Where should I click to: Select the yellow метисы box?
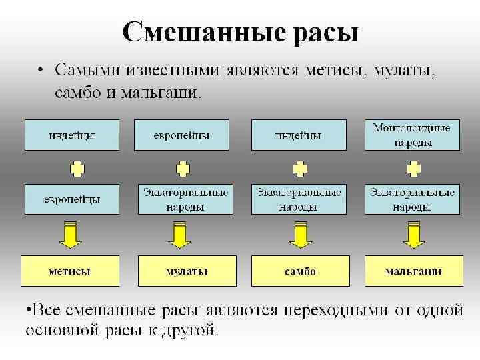coord(70,271)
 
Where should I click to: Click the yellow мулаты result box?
coord(187,271)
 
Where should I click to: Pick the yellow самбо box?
coord(300,271)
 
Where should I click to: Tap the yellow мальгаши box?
coord(413,271)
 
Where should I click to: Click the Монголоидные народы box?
coord(412,135)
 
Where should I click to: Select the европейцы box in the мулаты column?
coord(181,135)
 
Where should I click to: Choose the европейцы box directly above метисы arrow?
coord(72,199)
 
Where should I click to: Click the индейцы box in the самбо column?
coord(299,135)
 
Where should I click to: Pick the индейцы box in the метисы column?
coord(72,135)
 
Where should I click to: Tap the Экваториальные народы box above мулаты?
coord(186,199)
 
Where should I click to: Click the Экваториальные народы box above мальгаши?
coord(412,199)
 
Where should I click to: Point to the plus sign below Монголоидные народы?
coord(413,167)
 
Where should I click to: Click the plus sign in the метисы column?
coord(77,167)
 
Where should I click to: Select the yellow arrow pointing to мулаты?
coord(179,234)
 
